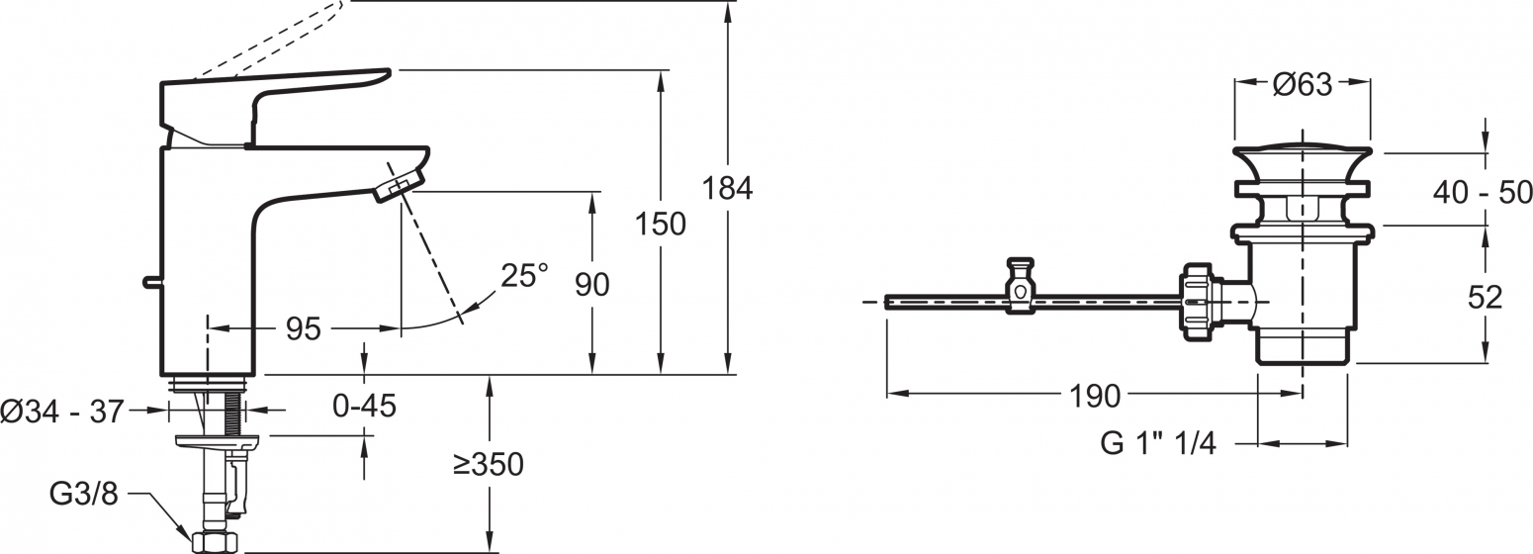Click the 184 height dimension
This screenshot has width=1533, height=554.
(x=728, y=188)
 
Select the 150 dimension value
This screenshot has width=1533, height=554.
(x=661, y=224)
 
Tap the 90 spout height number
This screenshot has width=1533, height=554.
(x=592, y=284)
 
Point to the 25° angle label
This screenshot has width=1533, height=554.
(x=524, y=275)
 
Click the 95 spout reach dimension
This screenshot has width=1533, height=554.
(x=304, y=329)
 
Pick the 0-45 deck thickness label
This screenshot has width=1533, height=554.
(x=364, y=406)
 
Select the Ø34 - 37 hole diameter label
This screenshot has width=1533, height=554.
(x=62, y=412)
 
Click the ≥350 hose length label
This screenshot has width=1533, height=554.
(x=488, y=464)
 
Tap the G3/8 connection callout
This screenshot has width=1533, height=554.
(x=84, y=493)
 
